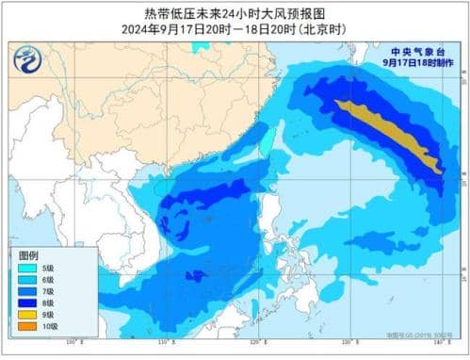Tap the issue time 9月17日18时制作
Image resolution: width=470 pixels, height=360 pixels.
[417, 62]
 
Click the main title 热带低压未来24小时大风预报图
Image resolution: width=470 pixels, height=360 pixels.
[235, 12]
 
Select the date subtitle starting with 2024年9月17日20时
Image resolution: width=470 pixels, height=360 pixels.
[235, 28]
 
